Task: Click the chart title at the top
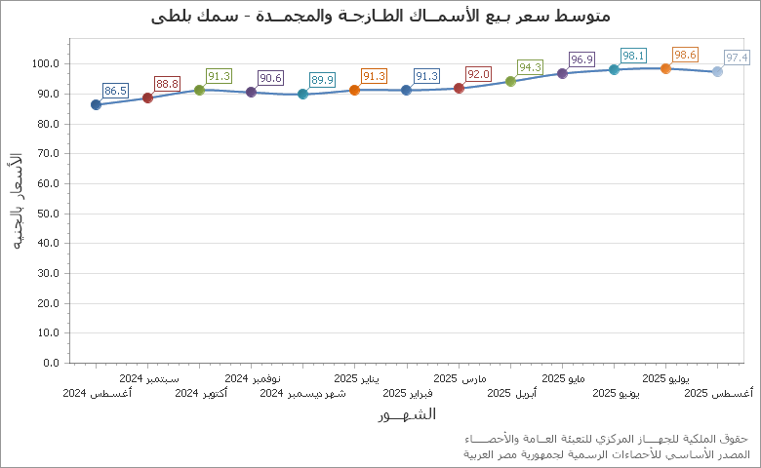pyautogui.click(x=381, y=17)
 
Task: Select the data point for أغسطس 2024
pyautogui.click(x=96, y=104)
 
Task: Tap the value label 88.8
pyautogui.click(x=167, y=84)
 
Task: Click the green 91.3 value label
pyautogui.click(x=219, y=76)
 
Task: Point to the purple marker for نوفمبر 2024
pyautogui.click(x=251, y=92)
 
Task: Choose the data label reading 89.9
pyautogui.click(x=322, y=80)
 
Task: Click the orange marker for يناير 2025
pyautogui.click(x=354, y=90)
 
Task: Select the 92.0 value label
pyautogui.click(x=478, y=74)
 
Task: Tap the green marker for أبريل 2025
pyautogui.click(x=510, y=81)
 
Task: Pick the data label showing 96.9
pyautogui.click(x=581, y=59)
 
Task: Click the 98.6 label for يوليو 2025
pyautogui.click(x=685, y=55)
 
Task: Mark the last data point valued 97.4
pyautogui.click(x=717, y=71)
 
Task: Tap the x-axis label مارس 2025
pyautogui.click(x=460, y=377)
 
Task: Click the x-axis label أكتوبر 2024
pyautogui.click(x=201, y=393)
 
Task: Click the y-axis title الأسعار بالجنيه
pyautogui.click(x=17, y=201)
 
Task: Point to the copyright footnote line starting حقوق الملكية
pyautogui.click(x=607, y=440)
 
